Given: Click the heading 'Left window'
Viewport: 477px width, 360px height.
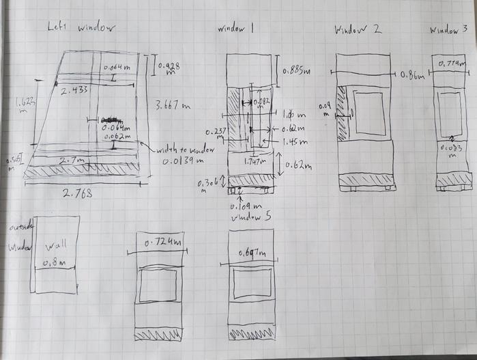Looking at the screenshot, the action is pyautogui.click(x=81, y=28).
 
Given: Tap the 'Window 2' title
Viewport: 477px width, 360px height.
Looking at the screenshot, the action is pyautogui.click(x=358, y=30).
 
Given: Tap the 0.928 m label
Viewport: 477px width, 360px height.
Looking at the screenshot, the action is pyautogui.click(x=171, y=68).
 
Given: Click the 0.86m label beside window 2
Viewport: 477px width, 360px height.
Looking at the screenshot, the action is pyautogui.click(x=411, y=76).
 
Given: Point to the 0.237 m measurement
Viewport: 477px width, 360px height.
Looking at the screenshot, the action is pyautogui.click(x=216, y=133).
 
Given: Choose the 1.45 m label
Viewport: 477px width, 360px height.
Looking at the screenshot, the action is pyautogui.click(x=295, y=141).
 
